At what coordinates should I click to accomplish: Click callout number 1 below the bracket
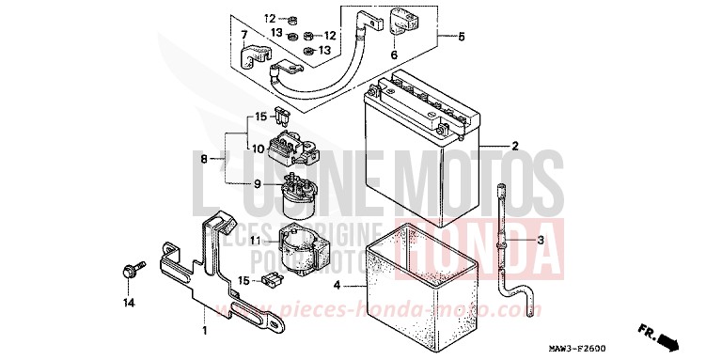205,330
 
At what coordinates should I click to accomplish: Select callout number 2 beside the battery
514,146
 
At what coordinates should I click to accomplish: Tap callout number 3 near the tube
540,241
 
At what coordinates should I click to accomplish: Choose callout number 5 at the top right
461,38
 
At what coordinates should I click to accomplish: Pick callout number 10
254,147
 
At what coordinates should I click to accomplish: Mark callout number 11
256,241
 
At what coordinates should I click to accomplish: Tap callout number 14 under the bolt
129,303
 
